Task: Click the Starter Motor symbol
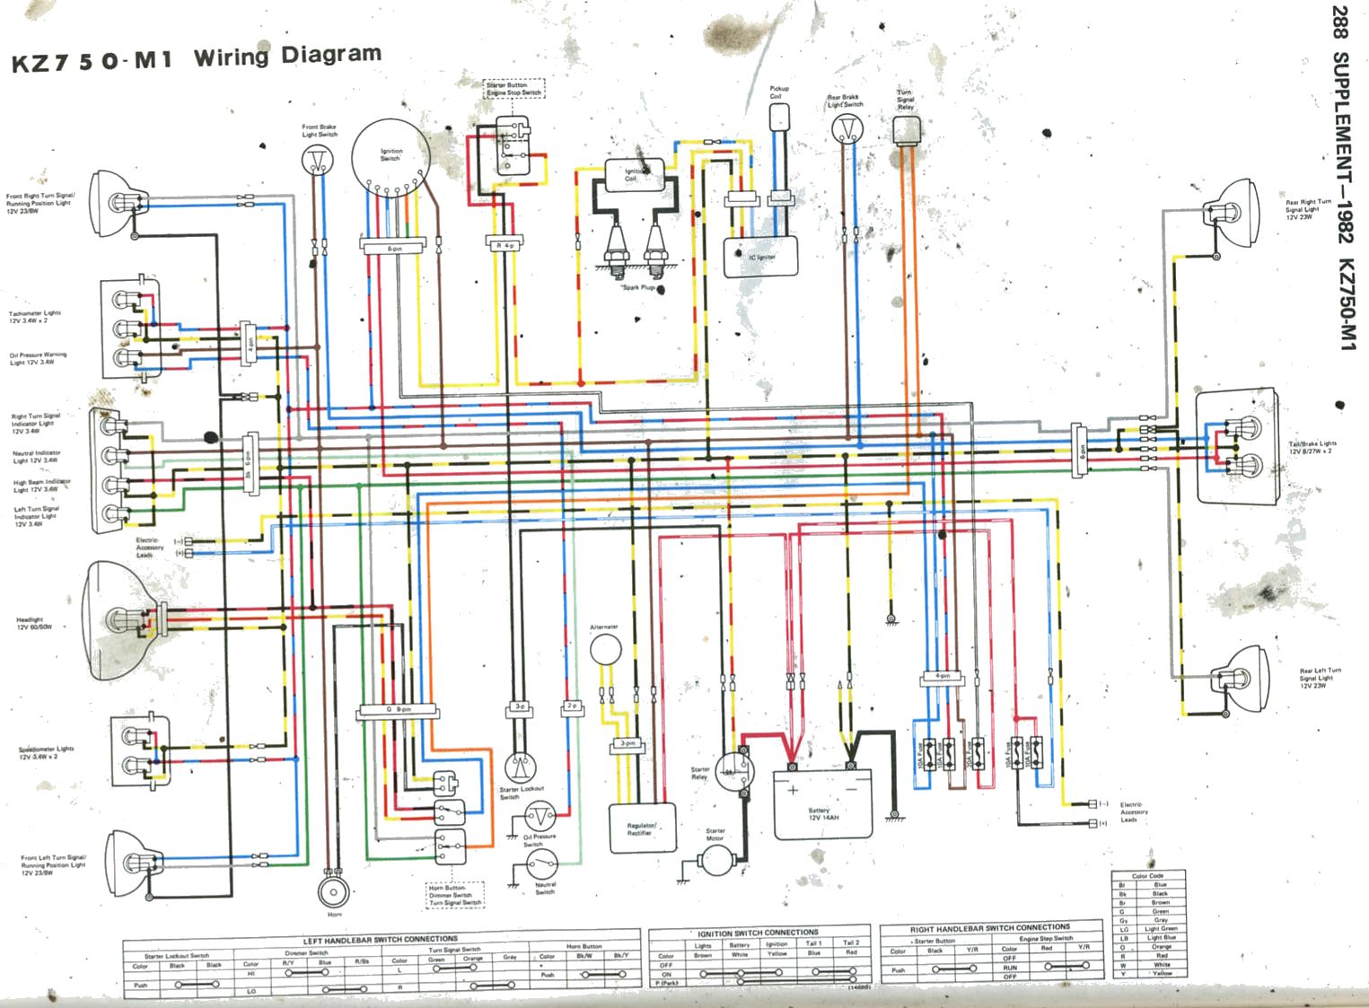click(716, 861)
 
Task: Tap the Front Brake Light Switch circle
click(315, 160)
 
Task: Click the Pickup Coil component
click(779, 117)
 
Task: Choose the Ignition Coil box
click(634, 174)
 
